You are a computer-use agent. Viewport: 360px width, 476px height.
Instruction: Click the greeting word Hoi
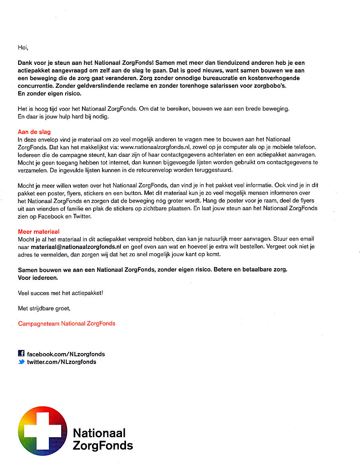[x=23, y=47]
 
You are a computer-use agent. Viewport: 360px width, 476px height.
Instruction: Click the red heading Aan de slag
[x=34, y=132]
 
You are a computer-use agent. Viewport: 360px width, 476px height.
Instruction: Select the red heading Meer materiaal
[x=39, y=232]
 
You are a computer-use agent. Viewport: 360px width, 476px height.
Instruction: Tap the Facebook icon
[x=22, y=353]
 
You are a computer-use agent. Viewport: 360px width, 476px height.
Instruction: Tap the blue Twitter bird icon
[x=22, y=362]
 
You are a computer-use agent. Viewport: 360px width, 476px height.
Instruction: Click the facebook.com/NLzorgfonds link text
[x=66, y=354]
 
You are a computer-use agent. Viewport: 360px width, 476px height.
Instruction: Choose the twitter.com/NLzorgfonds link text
[x=62, y=362]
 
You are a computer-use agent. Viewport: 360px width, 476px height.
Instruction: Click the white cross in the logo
[x=42, y=431]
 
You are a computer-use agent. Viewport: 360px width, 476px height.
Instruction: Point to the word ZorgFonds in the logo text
[x=103, y=445]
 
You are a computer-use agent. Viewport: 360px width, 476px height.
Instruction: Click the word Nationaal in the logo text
[x=99, y=433]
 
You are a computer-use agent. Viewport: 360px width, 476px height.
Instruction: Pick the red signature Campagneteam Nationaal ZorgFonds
[x=67, y=323]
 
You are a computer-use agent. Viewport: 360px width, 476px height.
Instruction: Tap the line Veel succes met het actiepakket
[x=60, y=293]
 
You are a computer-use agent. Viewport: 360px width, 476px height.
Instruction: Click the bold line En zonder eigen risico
[x=50, y=93]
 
